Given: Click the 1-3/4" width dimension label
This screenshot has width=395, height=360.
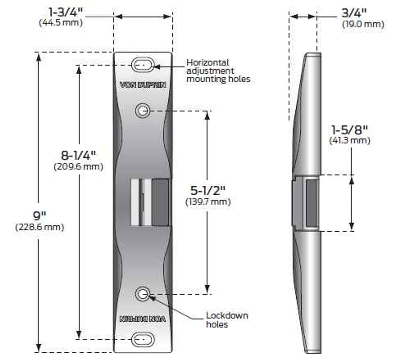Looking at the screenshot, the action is pyautogui.click(x=66, y=13).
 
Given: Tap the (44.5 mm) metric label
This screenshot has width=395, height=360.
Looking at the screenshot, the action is pyautogui.click(x=61, y=23).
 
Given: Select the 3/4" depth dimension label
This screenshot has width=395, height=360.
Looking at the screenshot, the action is pyautogui.click(x=354, y=13).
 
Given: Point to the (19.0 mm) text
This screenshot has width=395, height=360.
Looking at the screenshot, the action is pyautogui.click(x=363, y=24).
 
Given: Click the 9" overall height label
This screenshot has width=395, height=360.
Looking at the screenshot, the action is pyautogui.click(x=39, y=216).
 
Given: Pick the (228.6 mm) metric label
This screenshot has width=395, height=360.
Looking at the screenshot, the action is pyautogui.click(x=39, y=227).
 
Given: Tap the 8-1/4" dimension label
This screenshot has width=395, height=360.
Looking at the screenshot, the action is pyautogui.click(x=78, y=156).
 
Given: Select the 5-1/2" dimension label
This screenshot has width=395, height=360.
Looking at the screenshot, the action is pyautogui.click(x=208, y=190).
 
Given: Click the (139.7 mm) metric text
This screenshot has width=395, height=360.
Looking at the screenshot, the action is pyautogui.click(x=208, y=202).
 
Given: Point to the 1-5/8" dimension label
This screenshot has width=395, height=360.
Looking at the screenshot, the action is pyautogui.click(x=350, y=130).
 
